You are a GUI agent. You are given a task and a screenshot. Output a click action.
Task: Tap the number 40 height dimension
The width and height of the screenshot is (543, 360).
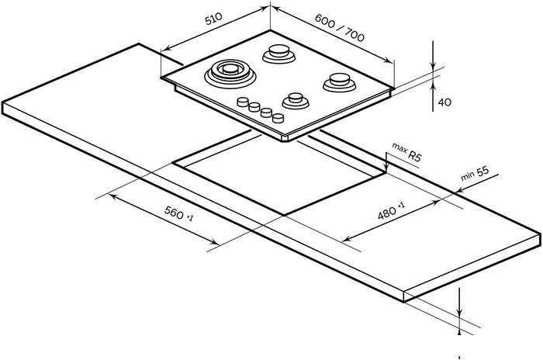pos(444,102)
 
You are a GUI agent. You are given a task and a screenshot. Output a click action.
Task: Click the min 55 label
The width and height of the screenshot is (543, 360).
pos(474,174)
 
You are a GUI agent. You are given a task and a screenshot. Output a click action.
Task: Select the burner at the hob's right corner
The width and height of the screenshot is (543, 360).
pos(338,79)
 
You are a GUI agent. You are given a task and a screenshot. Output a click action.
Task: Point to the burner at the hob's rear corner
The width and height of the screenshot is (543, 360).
pos(278,54)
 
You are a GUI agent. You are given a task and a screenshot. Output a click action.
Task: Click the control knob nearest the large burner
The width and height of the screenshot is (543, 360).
pos(244,102)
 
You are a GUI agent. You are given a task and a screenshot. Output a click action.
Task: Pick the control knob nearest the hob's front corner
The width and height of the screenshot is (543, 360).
pos(276,118)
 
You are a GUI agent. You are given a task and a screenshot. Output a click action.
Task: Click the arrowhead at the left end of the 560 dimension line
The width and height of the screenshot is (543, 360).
pos(110,196)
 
